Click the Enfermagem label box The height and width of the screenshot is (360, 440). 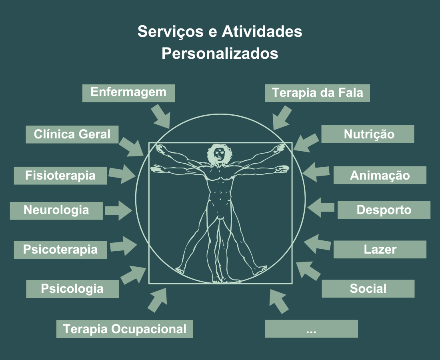click(128, 93)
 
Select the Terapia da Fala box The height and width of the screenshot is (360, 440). click(317, 93)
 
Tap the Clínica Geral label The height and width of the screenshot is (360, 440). click(72, 134)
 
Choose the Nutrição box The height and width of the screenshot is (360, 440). click(368, 134)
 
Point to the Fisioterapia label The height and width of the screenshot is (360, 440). click(60, 176)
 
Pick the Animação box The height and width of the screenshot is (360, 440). click(380, 175)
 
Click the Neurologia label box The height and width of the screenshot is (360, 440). click(56, 210)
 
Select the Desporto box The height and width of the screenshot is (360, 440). click(384, 210)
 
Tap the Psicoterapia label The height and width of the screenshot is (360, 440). click(60, 250)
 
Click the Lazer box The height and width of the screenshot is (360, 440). click(380, 250)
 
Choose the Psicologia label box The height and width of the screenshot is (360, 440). click(72, 289)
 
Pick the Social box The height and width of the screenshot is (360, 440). click(368, 289)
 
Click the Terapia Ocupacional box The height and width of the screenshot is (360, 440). click(124, 329)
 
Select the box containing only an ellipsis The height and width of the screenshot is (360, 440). click(311, 329)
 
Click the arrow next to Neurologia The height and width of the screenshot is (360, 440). click(119, 210)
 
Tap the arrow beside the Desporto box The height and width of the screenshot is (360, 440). click(321, 207)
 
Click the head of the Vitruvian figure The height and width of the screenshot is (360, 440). click(219, 153)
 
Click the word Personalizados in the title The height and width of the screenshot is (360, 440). click(220, 53)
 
